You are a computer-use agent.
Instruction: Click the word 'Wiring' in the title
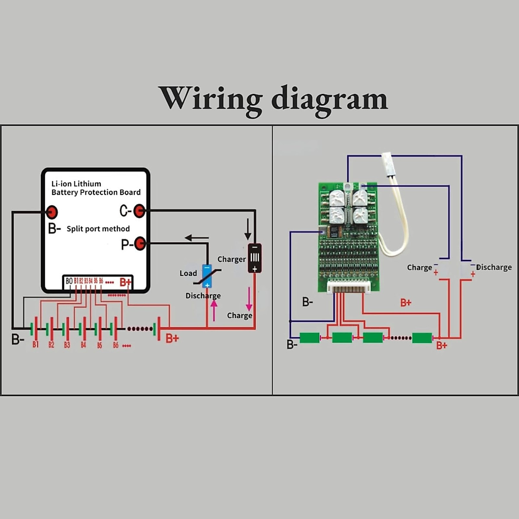pos(211,99)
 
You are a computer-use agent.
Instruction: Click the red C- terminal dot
pos(139,211)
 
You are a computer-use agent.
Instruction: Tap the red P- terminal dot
pos(140,244)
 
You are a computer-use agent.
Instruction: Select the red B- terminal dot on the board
pos(52,212)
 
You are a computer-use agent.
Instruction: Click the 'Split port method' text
pos(98,229)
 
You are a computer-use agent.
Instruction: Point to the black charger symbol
pos(255,258)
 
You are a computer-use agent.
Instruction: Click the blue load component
pos(207,276)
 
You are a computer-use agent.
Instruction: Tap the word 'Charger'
pos(231,259)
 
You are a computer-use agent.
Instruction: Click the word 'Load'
pos(188,273)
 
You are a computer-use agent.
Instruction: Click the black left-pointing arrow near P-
pos(196,237)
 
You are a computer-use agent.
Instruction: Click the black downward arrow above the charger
pos(248,229)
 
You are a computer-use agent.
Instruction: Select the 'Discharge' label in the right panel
pos(494,267)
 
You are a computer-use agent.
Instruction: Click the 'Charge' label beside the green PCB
pos(419,268)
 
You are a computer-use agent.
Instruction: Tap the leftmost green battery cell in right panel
pos(309,338)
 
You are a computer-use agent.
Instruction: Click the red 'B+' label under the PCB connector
pos(406,303)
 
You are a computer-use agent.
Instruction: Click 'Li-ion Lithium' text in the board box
pos(76,184)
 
